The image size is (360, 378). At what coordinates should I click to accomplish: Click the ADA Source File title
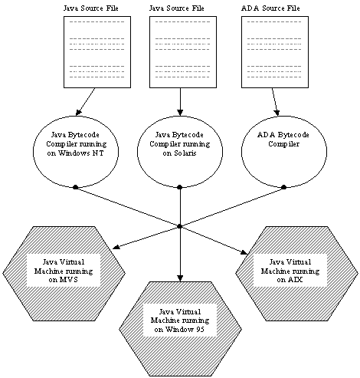270,8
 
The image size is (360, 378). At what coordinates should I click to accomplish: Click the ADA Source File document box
275,52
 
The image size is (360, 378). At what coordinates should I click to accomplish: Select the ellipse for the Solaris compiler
180,152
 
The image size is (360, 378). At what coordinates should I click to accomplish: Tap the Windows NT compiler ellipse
76,152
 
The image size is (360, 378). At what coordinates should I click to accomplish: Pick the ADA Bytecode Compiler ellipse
284,152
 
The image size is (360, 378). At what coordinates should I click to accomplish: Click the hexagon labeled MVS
64,274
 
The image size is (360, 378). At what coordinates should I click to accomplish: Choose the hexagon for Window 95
180,329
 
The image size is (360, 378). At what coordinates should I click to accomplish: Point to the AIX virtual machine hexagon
296,274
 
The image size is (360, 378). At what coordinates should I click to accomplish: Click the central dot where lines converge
179,226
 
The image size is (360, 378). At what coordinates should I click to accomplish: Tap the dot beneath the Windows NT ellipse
75,187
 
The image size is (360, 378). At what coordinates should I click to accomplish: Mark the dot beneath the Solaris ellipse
179,187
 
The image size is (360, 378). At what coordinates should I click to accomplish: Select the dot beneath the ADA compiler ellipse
283,187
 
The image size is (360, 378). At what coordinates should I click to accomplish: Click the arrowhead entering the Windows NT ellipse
78,113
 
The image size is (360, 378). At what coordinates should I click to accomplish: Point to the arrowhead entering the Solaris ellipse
180,113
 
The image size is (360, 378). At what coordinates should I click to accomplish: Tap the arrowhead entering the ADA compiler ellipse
277,113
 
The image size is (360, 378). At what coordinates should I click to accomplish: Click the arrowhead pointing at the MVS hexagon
116,247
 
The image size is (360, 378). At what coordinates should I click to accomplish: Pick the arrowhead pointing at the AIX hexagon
244,252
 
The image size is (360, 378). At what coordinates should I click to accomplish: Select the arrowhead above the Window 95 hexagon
180,278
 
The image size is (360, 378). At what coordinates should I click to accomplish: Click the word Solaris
185,153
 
